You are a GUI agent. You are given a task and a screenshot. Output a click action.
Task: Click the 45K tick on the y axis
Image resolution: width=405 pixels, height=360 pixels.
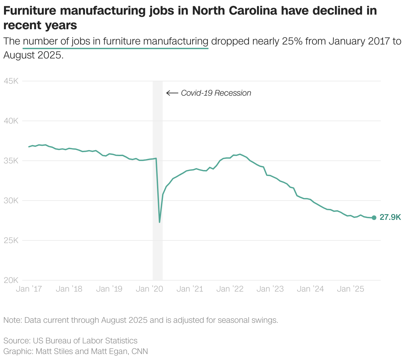pos(11,81)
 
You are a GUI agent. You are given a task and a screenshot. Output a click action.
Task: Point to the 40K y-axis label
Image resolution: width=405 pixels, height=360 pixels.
pos(11,121)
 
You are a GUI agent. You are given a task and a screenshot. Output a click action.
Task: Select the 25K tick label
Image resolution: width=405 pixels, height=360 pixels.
pos(11,240)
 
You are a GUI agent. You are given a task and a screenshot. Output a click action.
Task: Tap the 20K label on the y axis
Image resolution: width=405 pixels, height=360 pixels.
pos(11,280)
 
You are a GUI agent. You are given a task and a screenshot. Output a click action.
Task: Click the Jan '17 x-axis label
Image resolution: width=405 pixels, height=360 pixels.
pos(29,289)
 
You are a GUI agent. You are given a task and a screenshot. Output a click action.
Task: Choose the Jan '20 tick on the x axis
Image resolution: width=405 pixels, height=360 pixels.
pos(149,289)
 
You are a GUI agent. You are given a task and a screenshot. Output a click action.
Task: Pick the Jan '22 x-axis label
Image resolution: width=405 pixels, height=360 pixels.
pos(230,289)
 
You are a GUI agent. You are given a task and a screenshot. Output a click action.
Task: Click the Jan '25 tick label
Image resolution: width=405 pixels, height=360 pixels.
pos(350,289)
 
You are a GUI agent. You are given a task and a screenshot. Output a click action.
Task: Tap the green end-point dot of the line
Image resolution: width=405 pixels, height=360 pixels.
pos(374,218)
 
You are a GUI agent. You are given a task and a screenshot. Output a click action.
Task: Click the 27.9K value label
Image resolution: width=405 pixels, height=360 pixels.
pos(390,218)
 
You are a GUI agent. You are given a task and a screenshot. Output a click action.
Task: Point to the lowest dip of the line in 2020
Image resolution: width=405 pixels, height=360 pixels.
pos(160,222)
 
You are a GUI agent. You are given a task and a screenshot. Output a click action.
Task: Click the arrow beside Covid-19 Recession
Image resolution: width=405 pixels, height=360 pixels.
pos(172,93)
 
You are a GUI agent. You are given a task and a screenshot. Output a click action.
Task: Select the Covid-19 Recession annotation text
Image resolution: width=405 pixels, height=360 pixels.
pos(216,93)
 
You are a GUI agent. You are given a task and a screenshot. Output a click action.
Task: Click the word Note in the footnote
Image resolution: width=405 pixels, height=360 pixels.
pos(12,320)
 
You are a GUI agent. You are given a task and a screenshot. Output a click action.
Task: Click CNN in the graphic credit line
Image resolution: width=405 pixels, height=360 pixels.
pos(140,351)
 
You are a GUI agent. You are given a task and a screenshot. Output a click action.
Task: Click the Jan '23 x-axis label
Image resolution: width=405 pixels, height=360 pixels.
pos(270,289)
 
